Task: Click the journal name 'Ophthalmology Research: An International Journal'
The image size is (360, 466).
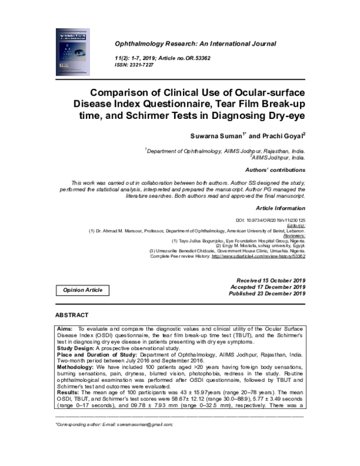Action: [x=191, y=44]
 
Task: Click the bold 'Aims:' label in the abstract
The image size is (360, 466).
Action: [x=65, y=329]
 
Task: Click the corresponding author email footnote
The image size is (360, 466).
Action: [x=113, y=424]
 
